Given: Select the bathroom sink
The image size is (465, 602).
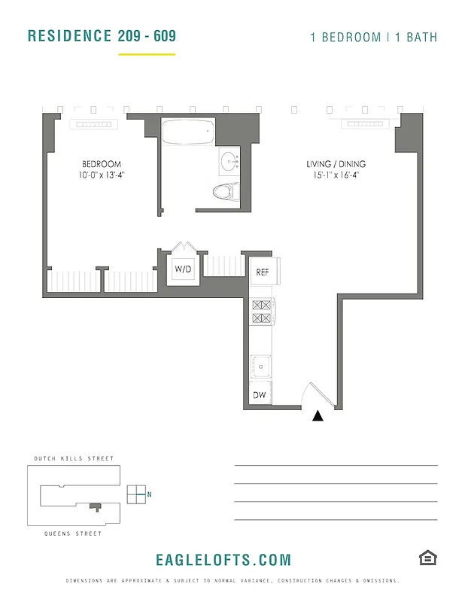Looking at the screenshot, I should [229, 160].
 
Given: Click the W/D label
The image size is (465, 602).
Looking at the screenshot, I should [184, 269].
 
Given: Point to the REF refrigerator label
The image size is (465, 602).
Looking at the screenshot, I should [262, 272].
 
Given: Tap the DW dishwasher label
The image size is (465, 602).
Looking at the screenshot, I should [259, 395].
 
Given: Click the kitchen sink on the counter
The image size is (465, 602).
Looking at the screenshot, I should [262, 366].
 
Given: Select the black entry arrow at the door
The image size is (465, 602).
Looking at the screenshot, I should [318, 415].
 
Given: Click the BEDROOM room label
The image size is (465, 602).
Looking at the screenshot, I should [102, 164].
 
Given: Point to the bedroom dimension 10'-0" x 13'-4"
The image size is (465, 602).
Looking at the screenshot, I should [102, 175].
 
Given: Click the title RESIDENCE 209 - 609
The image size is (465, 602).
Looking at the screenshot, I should [102, 36].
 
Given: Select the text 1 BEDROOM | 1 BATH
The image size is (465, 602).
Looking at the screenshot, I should [373, 38].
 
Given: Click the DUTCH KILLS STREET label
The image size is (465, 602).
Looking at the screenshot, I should [74, 458].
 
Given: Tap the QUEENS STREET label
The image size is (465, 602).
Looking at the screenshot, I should [68, 534].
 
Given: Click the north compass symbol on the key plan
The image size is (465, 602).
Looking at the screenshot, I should [137, 494].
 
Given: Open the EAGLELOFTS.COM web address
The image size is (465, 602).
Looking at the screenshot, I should [223, 560].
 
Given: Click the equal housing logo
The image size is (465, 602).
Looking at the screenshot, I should [428, 558].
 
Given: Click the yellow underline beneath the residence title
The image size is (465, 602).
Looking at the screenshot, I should [147, 54].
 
